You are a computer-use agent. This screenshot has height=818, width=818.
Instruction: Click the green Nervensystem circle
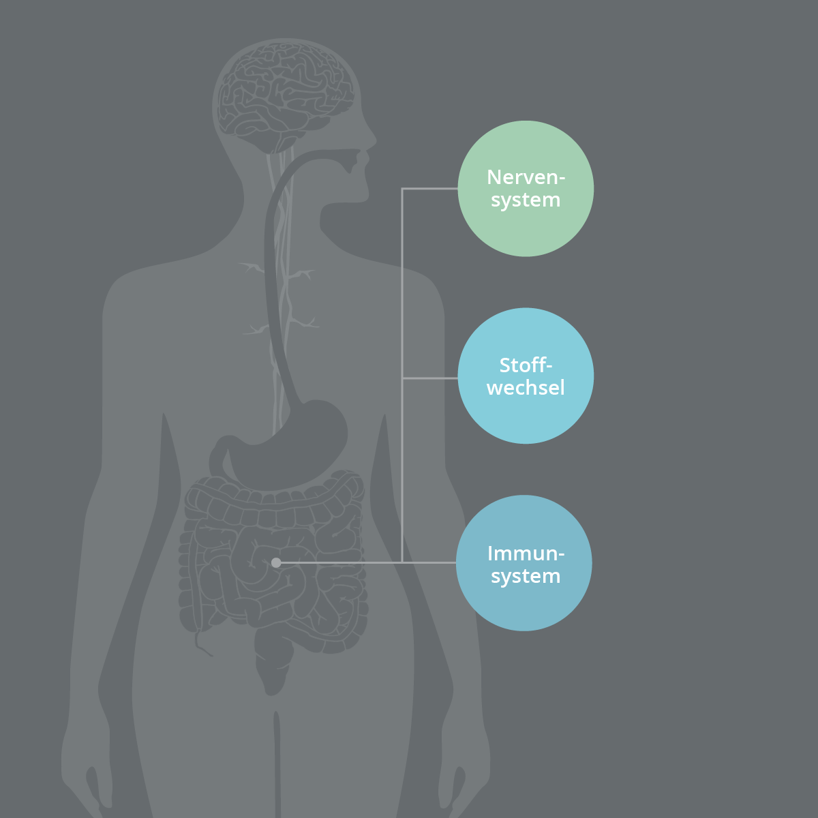[x=526, y=188]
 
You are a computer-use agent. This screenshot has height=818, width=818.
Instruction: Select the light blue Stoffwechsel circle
[x=526, y=376]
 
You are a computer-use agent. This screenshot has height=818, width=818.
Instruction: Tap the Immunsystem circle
[x=524, y=563]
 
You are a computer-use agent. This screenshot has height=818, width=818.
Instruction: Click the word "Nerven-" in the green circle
[x=526, y=177]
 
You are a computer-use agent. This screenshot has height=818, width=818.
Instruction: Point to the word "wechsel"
[x=526, y=388]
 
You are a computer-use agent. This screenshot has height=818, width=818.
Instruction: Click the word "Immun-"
[x=526, y=554]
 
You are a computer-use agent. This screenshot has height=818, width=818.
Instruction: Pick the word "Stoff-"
[x=526, y=365]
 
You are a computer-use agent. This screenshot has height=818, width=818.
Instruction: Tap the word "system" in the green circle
[x=526, y=200]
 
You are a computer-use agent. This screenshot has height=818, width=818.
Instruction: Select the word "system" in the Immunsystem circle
[x=526, y=577]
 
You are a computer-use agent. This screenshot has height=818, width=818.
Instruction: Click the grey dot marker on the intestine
[x=276, y=563]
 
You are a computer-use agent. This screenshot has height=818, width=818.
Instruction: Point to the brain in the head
[x=285, y=96]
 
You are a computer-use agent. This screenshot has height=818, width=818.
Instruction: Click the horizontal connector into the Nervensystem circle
[x=429, y=188]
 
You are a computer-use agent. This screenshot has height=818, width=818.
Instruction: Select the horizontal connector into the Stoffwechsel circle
[x=429, y=378]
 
